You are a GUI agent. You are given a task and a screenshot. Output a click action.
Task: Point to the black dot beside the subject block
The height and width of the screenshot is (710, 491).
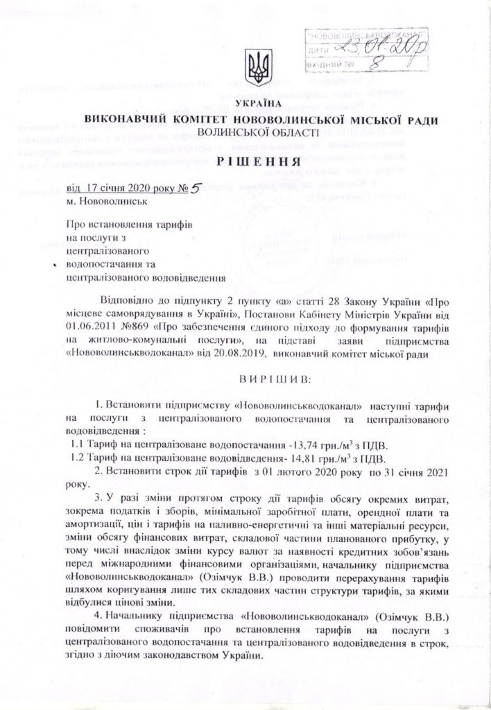(x=53, y=266)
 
